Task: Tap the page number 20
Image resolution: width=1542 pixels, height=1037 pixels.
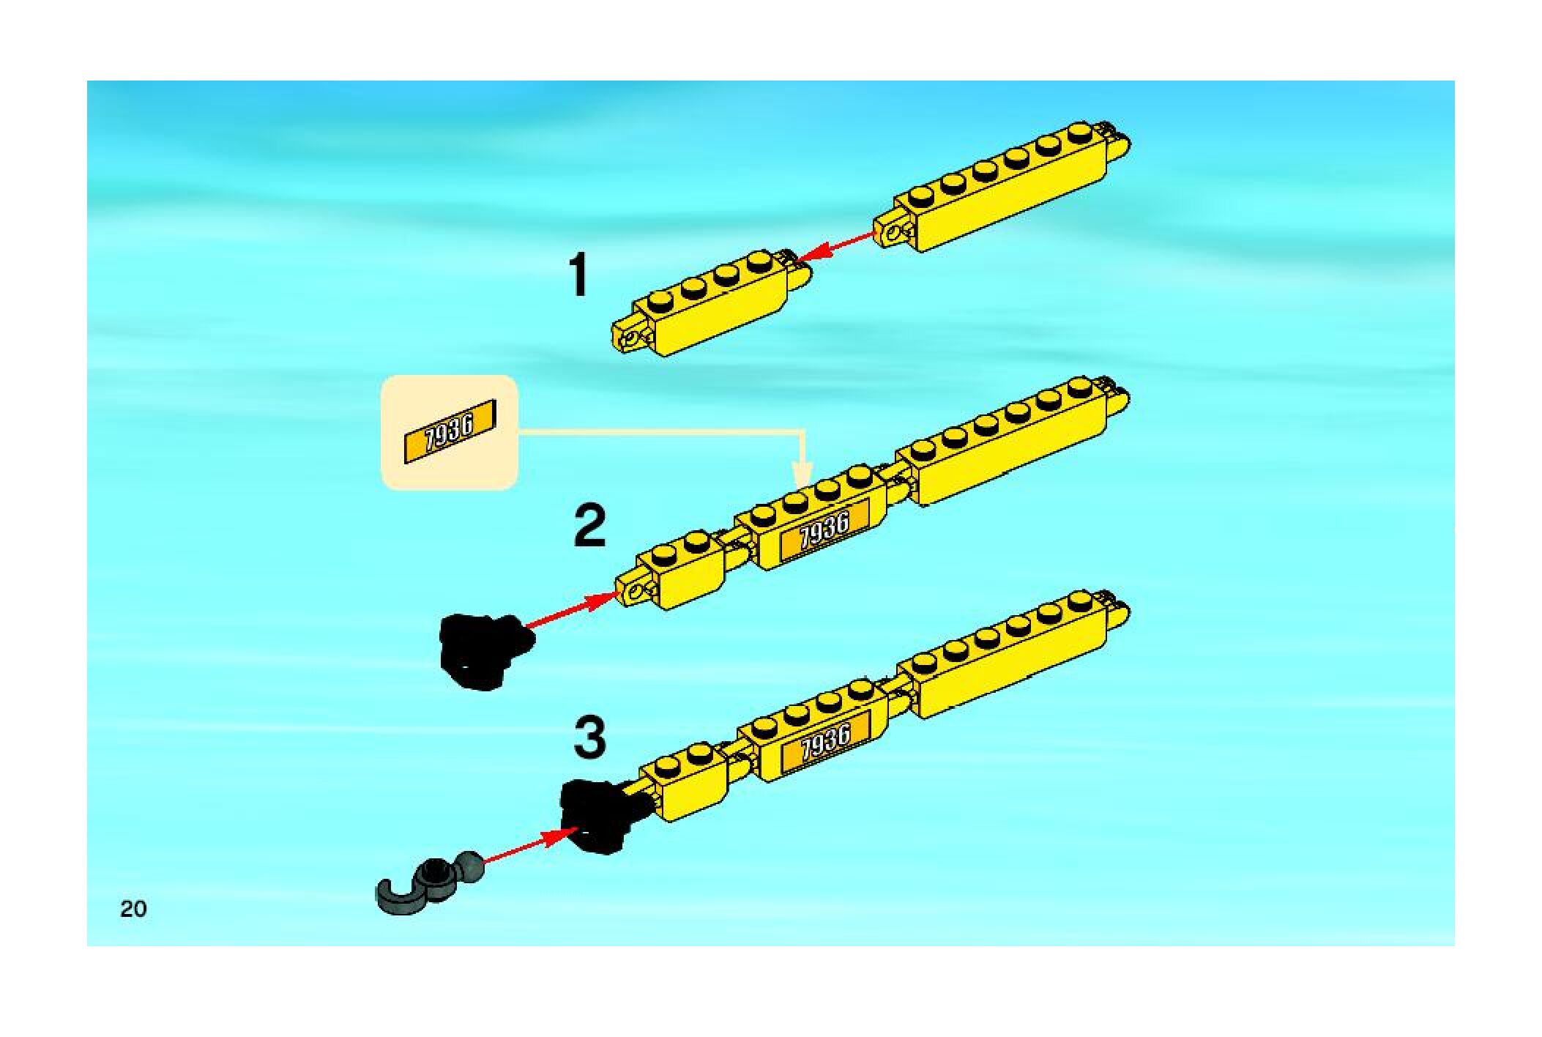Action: tap(133, 909)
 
